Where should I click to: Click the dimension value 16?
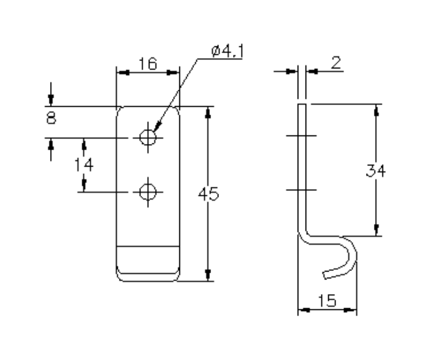[x=148, y=63]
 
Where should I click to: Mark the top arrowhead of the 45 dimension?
[x=209, y=112]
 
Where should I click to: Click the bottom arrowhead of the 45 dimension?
[x=209, y=275]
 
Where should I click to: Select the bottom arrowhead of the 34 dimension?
[x=376, y=230]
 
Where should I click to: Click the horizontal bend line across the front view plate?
[x=148, y=247]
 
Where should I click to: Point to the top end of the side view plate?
[x=302, y=106]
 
